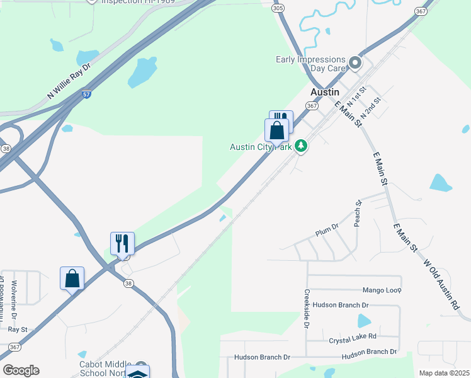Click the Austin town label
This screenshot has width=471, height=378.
click(325, 92)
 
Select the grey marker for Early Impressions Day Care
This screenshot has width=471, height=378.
click(355, 62)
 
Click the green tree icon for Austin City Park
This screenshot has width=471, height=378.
click(302, 146)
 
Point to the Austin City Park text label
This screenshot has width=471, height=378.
click(261, 147)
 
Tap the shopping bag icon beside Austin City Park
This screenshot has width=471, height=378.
click(276, 131)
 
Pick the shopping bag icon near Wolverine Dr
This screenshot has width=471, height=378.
click(72, 278)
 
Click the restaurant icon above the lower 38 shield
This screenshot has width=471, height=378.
click(122, 243)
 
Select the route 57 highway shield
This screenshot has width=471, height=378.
click(86, 94)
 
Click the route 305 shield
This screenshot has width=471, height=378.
click(278, 8)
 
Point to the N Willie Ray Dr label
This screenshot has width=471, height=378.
click(69, 81)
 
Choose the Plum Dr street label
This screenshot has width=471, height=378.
click(327, 230)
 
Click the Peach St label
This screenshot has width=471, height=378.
click(358, 214)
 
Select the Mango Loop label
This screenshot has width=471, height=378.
click(382, 290)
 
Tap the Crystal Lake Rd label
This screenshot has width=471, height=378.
click(353, 339)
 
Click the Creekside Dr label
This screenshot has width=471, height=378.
click(307, 309)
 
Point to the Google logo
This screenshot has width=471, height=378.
click(21, 370)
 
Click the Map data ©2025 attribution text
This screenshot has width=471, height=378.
click(443, 373)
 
